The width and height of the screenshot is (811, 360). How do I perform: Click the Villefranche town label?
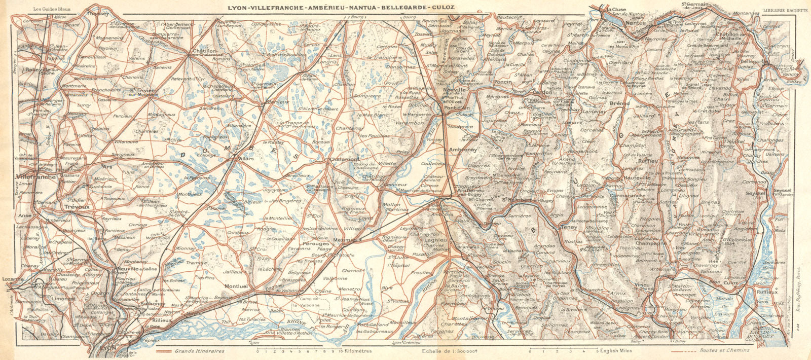(x=36, y=177)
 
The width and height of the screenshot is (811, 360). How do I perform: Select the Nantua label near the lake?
(x=636, y=23)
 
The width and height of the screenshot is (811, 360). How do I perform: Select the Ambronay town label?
(x=463, y=150)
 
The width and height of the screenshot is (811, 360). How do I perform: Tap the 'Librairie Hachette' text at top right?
(x=781, y=9)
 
